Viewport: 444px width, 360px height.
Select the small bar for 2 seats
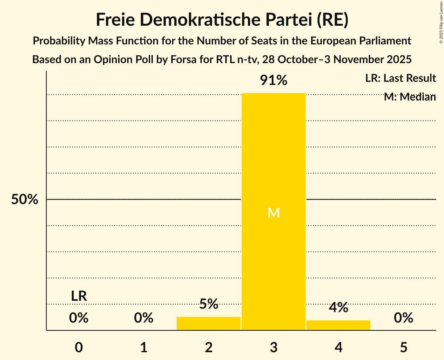point(209,323)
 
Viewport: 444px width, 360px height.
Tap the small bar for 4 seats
point(338,325)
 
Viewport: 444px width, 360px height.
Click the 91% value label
point(274,81)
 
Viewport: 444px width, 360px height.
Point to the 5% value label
point(209,304)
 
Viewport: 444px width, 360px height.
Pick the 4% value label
point(338,307)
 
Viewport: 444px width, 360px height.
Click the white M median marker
point(274,213)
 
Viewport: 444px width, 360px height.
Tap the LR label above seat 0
point(79,296)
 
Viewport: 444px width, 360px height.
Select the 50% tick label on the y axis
point(25,199)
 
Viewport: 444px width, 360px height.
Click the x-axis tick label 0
point(79,347)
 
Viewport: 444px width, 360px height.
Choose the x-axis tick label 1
point(144,347)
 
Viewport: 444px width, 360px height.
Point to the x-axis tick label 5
point(403,347)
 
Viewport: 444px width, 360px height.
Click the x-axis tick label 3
point(274,347)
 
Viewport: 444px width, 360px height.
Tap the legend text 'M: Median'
point(410,97)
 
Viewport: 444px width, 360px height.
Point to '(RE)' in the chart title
point(333,20)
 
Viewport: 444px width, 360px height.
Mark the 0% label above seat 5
point(403,318)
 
